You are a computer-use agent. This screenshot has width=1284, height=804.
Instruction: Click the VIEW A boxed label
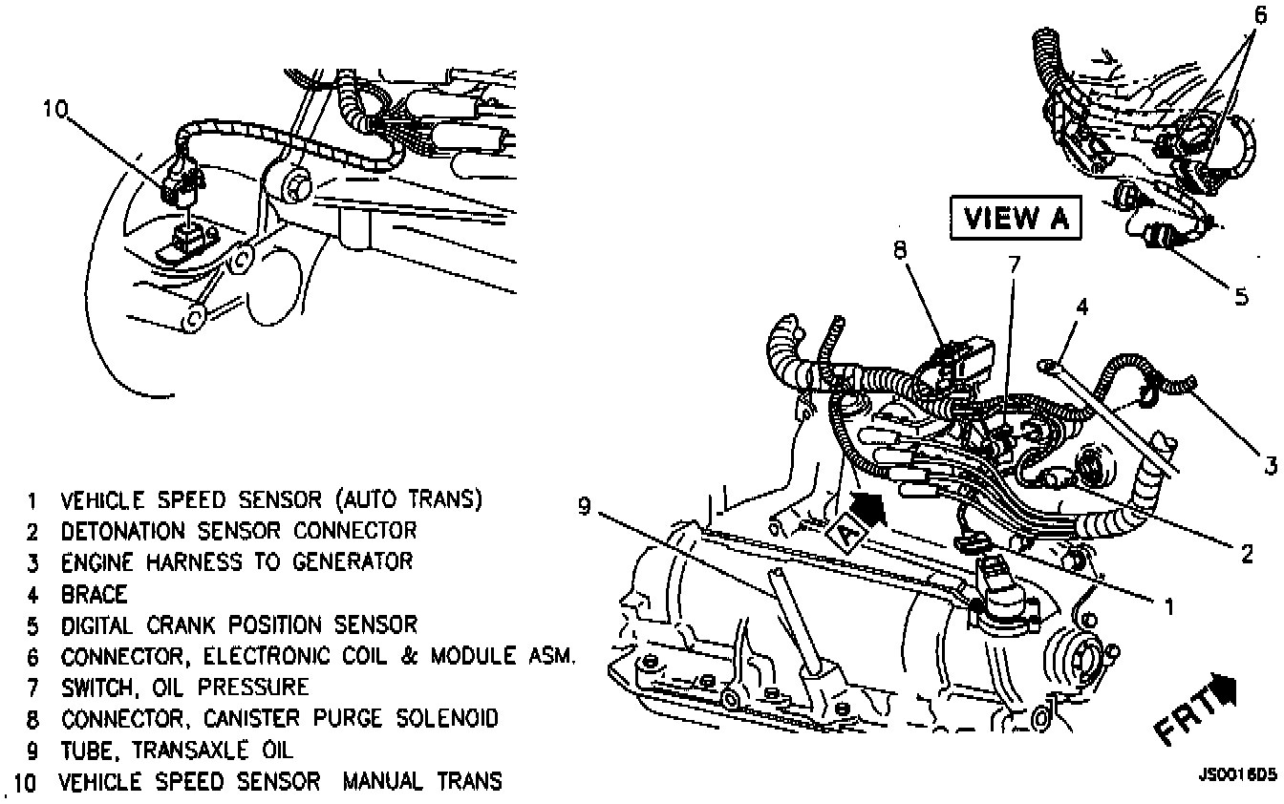coord(1014,219)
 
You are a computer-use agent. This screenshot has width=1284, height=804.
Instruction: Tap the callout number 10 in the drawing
coord(56,110)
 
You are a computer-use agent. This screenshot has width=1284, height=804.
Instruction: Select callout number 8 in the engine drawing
coord(900,250)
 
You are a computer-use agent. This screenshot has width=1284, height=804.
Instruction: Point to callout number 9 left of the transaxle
coord(584,507)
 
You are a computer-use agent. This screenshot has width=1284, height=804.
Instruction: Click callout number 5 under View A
coord(1240,296)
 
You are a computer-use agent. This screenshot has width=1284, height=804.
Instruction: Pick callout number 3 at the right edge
coord(1271,465)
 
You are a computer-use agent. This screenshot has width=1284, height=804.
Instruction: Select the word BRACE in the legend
coord(94,594)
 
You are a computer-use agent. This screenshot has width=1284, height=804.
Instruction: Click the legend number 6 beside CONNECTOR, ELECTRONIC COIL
coord(32,657)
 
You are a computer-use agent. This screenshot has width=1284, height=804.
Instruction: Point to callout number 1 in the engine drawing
coord(1168,603)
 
